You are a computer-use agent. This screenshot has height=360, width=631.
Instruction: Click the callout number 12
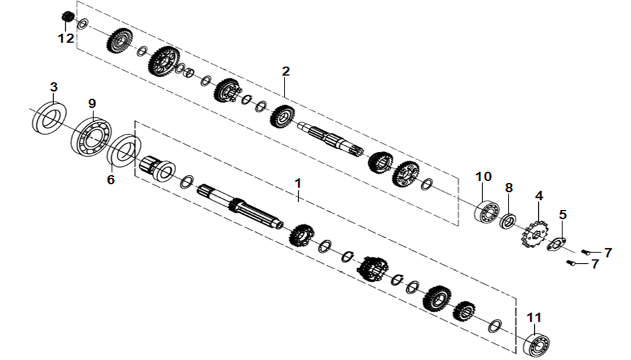point(67,38)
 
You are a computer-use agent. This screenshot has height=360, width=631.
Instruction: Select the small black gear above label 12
point(68,17)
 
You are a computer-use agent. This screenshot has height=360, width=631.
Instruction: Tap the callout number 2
point(286,71)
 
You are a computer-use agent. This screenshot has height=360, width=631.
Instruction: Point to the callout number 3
point(54,87)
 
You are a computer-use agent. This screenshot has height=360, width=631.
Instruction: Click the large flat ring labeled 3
point(49,118)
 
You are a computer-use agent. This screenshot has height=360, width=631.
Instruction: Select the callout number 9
point(92,104)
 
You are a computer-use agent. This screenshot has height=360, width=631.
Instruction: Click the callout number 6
point(111,179)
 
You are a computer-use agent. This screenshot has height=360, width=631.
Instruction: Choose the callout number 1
point(298,183)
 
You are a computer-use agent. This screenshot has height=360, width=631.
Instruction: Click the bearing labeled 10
point(486,211)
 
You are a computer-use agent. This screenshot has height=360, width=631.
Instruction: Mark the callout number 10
point(483,176)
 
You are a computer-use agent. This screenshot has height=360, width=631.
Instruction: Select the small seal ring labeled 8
point(508,221)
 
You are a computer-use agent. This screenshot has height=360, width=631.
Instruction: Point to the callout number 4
point(539,196)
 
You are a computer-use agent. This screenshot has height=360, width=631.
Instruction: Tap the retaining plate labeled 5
point(556,244)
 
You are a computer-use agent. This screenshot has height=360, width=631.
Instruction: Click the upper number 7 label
point(607,252)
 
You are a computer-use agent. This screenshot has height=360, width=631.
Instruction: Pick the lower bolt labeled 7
point(571,263)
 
